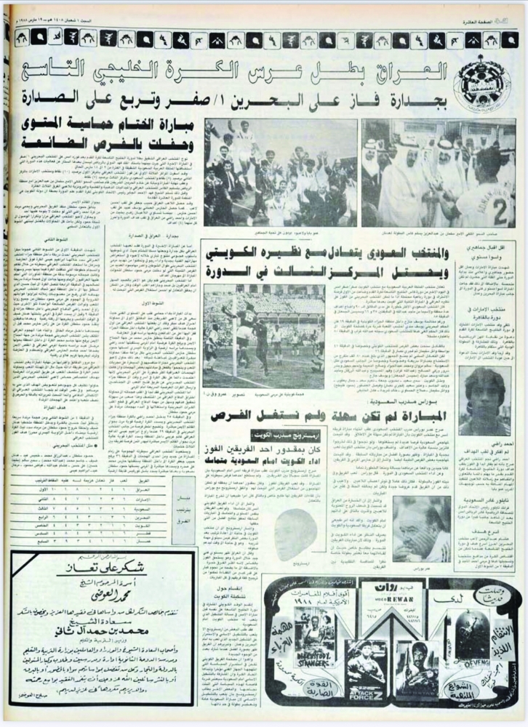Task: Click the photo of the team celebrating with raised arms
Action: [x=280, y=172]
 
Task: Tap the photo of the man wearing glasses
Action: [x=422, y=528]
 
